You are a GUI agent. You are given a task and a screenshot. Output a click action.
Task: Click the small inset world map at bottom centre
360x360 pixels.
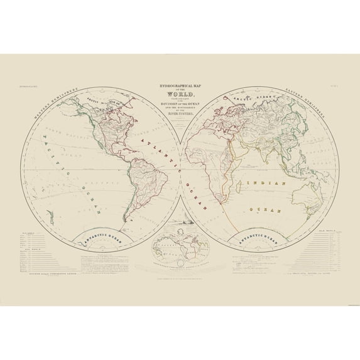click(x=180, y=245)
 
